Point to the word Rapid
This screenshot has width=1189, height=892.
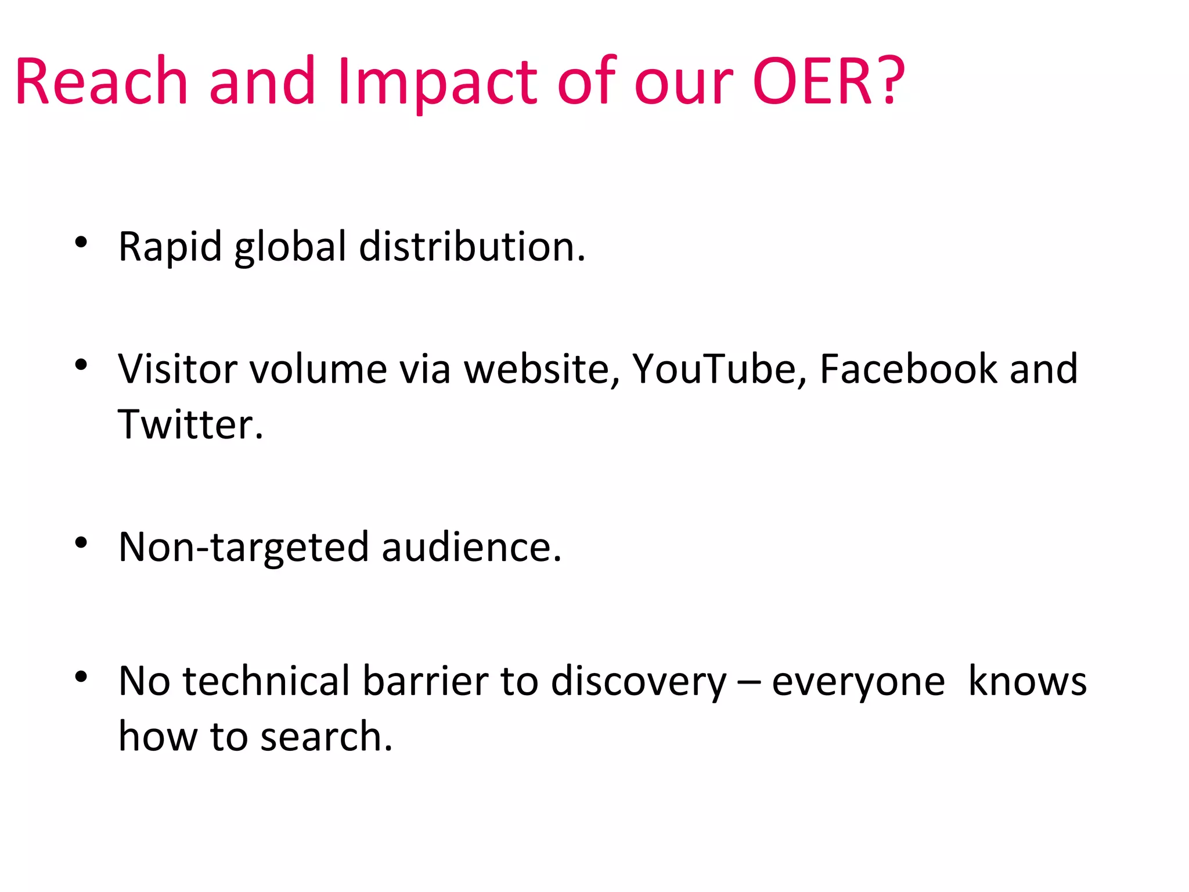pyautogui.click(x=170, y=247)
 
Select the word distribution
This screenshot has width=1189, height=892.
pyautogui.click(x=471, y=247)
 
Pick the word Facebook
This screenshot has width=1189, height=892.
pyautogui.click(x=907, y=369)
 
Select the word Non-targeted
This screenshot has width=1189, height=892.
pyautogui.click(x=243, y=548)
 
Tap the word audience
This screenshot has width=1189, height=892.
pyautogui.click(x=471, y=548)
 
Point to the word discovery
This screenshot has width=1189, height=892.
pyautogui.click(x=638, y=681)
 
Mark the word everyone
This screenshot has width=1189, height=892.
pyautogui.click(x=858, y=681)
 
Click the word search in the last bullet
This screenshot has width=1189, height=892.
pyautogui.click(x=326, y=737)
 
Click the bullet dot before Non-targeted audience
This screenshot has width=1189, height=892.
pyautogui.click(x=81, y=542)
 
